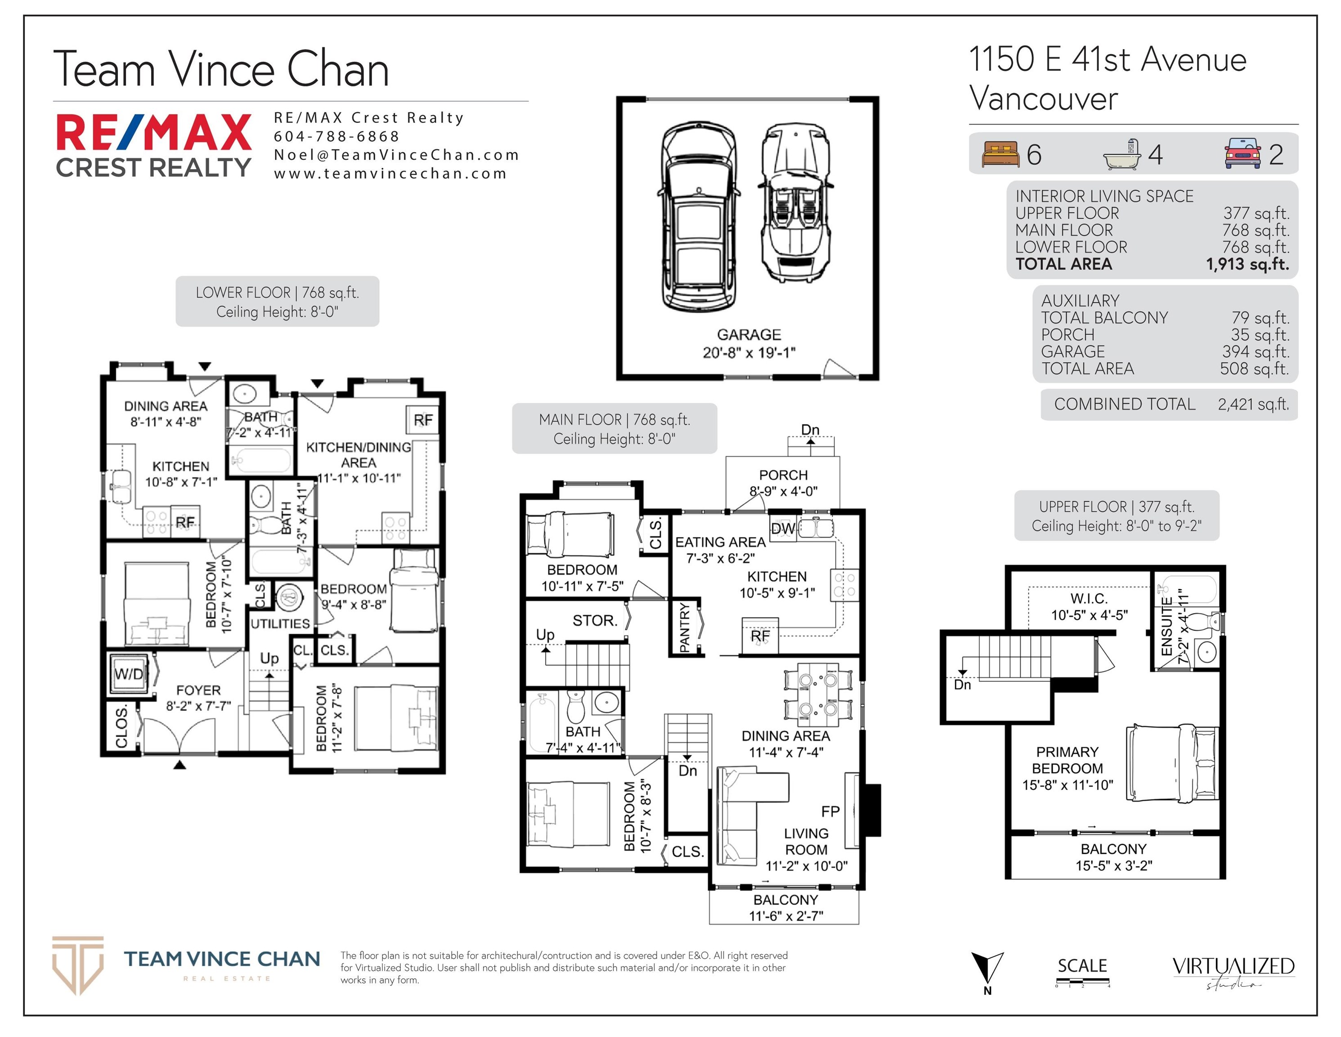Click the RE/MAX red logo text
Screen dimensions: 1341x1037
[153, 132]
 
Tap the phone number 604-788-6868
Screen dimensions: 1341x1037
[336, 136]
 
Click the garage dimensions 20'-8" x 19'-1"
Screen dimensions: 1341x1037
[749, 352]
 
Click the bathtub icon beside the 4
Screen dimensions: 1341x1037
[1122, 154]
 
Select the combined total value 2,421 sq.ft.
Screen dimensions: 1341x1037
[1254, 404]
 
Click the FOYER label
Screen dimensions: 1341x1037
[198, 690]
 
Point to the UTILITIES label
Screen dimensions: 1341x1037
[280, 623]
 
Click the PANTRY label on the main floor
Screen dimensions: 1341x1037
[685, 627]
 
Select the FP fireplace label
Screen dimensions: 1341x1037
[830, 812]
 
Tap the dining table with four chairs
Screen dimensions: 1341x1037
[818, 692]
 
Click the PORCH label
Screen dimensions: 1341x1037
[784, 475]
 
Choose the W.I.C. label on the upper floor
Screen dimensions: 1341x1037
[1089, 598]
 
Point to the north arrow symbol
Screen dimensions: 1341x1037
[987, 969]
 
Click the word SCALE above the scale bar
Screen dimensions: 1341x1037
[1082, 966]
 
